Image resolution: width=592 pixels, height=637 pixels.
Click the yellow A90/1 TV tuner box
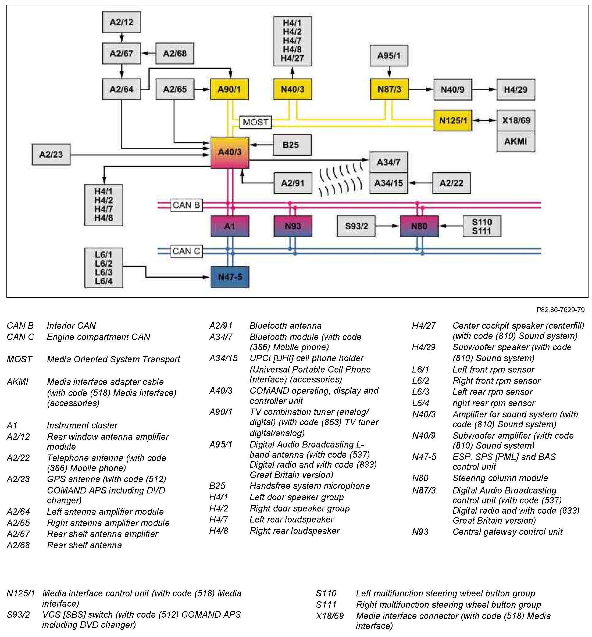[229, 89]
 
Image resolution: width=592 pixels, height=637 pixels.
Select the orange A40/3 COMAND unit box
[230, 152]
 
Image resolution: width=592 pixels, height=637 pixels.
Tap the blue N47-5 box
[230, 277]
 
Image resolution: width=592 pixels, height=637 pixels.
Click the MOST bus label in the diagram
[255, 122]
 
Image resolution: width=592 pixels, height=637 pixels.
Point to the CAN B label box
[186, 205]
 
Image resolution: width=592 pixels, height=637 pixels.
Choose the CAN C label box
[186, 251]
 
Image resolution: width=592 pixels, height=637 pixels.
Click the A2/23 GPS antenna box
[51, 155]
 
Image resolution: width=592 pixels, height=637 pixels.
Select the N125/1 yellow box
[453, 121]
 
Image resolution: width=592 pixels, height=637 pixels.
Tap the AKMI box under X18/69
[515, 141]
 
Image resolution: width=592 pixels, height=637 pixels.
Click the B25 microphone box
[292, 145]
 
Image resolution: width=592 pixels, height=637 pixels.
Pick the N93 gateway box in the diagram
[293, 226]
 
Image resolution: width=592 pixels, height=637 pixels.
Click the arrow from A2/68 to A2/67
[148, 53]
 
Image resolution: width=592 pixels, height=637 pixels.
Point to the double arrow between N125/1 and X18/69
[484, 120]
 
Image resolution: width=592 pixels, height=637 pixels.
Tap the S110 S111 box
[482, 226]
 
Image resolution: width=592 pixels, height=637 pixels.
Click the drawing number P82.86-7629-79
[560, 310]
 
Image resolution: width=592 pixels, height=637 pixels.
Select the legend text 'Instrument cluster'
[82, 425]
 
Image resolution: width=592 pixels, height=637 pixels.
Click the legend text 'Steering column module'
[500, 478]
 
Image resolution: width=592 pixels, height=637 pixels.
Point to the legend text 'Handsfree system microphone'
[309, 486]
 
